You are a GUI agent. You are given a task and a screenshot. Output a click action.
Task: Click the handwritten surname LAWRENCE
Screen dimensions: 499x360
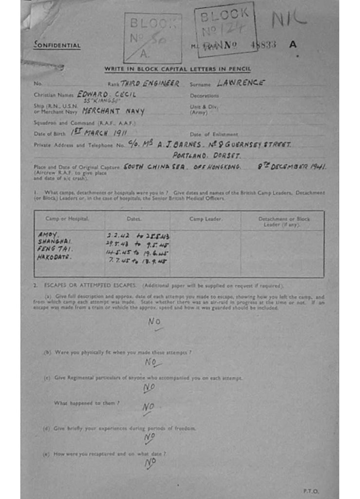tap(241, 83)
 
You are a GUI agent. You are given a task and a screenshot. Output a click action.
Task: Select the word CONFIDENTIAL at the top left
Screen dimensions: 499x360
tap(57, 46)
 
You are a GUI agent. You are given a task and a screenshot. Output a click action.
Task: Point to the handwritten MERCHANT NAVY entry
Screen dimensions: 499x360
tap(114, 111)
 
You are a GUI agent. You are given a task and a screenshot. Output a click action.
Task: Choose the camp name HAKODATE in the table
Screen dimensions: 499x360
tap(55, 257)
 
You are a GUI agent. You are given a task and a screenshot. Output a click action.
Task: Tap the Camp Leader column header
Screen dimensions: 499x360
tap(205, 219)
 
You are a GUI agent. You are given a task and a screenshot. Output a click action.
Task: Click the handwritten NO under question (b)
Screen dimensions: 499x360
tap(152, 362)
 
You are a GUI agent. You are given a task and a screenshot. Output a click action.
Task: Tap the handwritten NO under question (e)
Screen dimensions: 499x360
tap(150, 463)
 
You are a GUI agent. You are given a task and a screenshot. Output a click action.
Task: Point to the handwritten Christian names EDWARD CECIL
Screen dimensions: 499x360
tap(106, 95)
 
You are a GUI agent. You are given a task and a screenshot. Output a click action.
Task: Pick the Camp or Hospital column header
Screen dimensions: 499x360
tap(67, 219)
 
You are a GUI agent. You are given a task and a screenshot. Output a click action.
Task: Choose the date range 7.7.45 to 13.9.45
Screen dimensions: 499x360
tap(137, 261)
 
